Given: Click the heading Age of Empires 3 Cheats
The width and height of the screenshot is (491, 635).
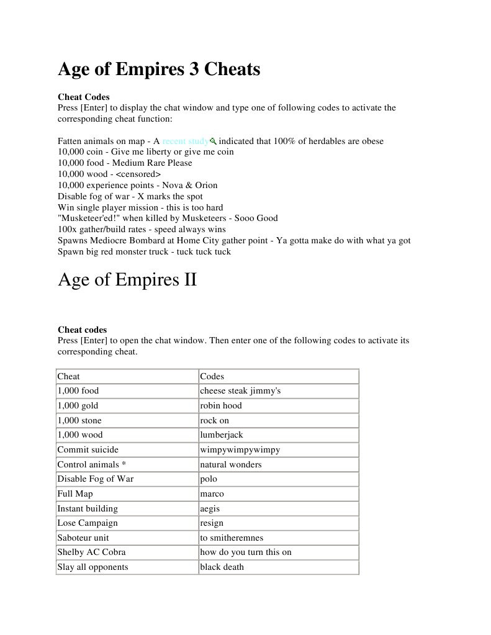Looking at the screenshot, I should click(159, 69).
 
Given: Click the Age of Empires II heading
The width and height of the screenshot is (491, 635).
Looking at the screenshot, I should click(127, 280).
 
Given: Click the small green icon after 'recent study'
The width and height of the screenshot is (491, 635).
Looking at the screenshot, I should click(213, 141).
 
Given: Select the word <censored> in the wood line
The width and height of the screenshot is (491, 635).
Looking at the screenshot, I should click(138, 174).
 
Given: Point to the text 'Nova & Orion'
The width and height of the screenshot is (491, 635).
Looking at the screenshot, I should click(190, 185).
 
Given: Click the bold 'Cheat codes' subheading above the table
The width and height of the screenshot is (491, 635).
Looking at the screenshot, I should click(82, 330).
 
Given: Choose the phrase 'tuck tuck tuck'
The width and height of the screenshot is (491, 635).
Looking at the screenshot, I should click(205, 251).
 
